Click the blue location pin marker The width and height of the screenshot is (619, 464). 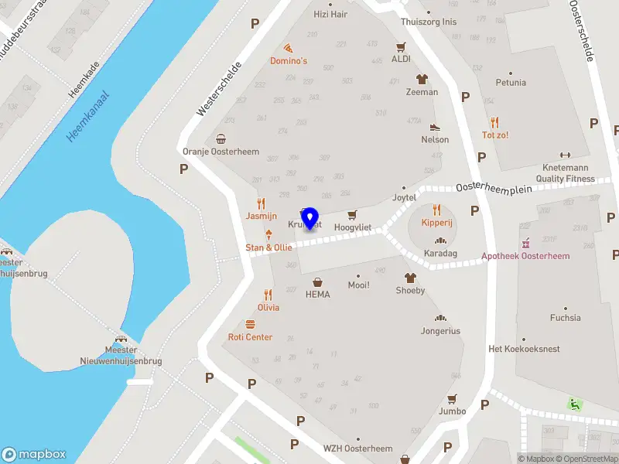tap(310, 219)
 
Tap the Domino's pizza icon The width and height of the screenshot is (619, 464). tap(288, 48)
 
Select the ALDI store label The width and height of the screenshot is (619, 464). tap(401, 59)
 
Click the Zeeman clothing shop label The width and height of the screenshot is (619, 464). tap(422, 92)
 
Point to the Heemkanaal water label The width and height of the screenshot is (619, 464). tap(87, 117)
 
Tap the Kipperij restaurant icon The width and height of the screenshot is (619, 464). tap(436, 210)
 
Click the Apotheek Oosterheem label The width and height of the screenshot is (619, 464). tap(525, 256)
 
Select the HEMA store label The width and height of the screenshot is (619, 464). tap(317, 295)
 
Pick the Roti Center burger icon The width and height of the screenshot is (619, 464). tap(250, 325)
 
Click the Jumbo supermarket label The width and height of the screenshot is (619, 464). tap(452, 411)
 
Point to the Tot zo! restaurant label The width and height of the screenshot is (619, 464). tap(495, 135)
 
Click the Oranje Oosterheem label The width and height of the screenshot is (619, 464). tap(221, 152)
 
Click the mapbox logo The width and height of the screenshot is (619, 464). tap(34, 455)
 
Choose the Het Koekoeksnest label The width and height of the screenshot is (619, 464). tap(524, 349)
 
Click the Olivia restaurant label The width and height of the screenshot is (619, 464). tap(268, 308)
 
